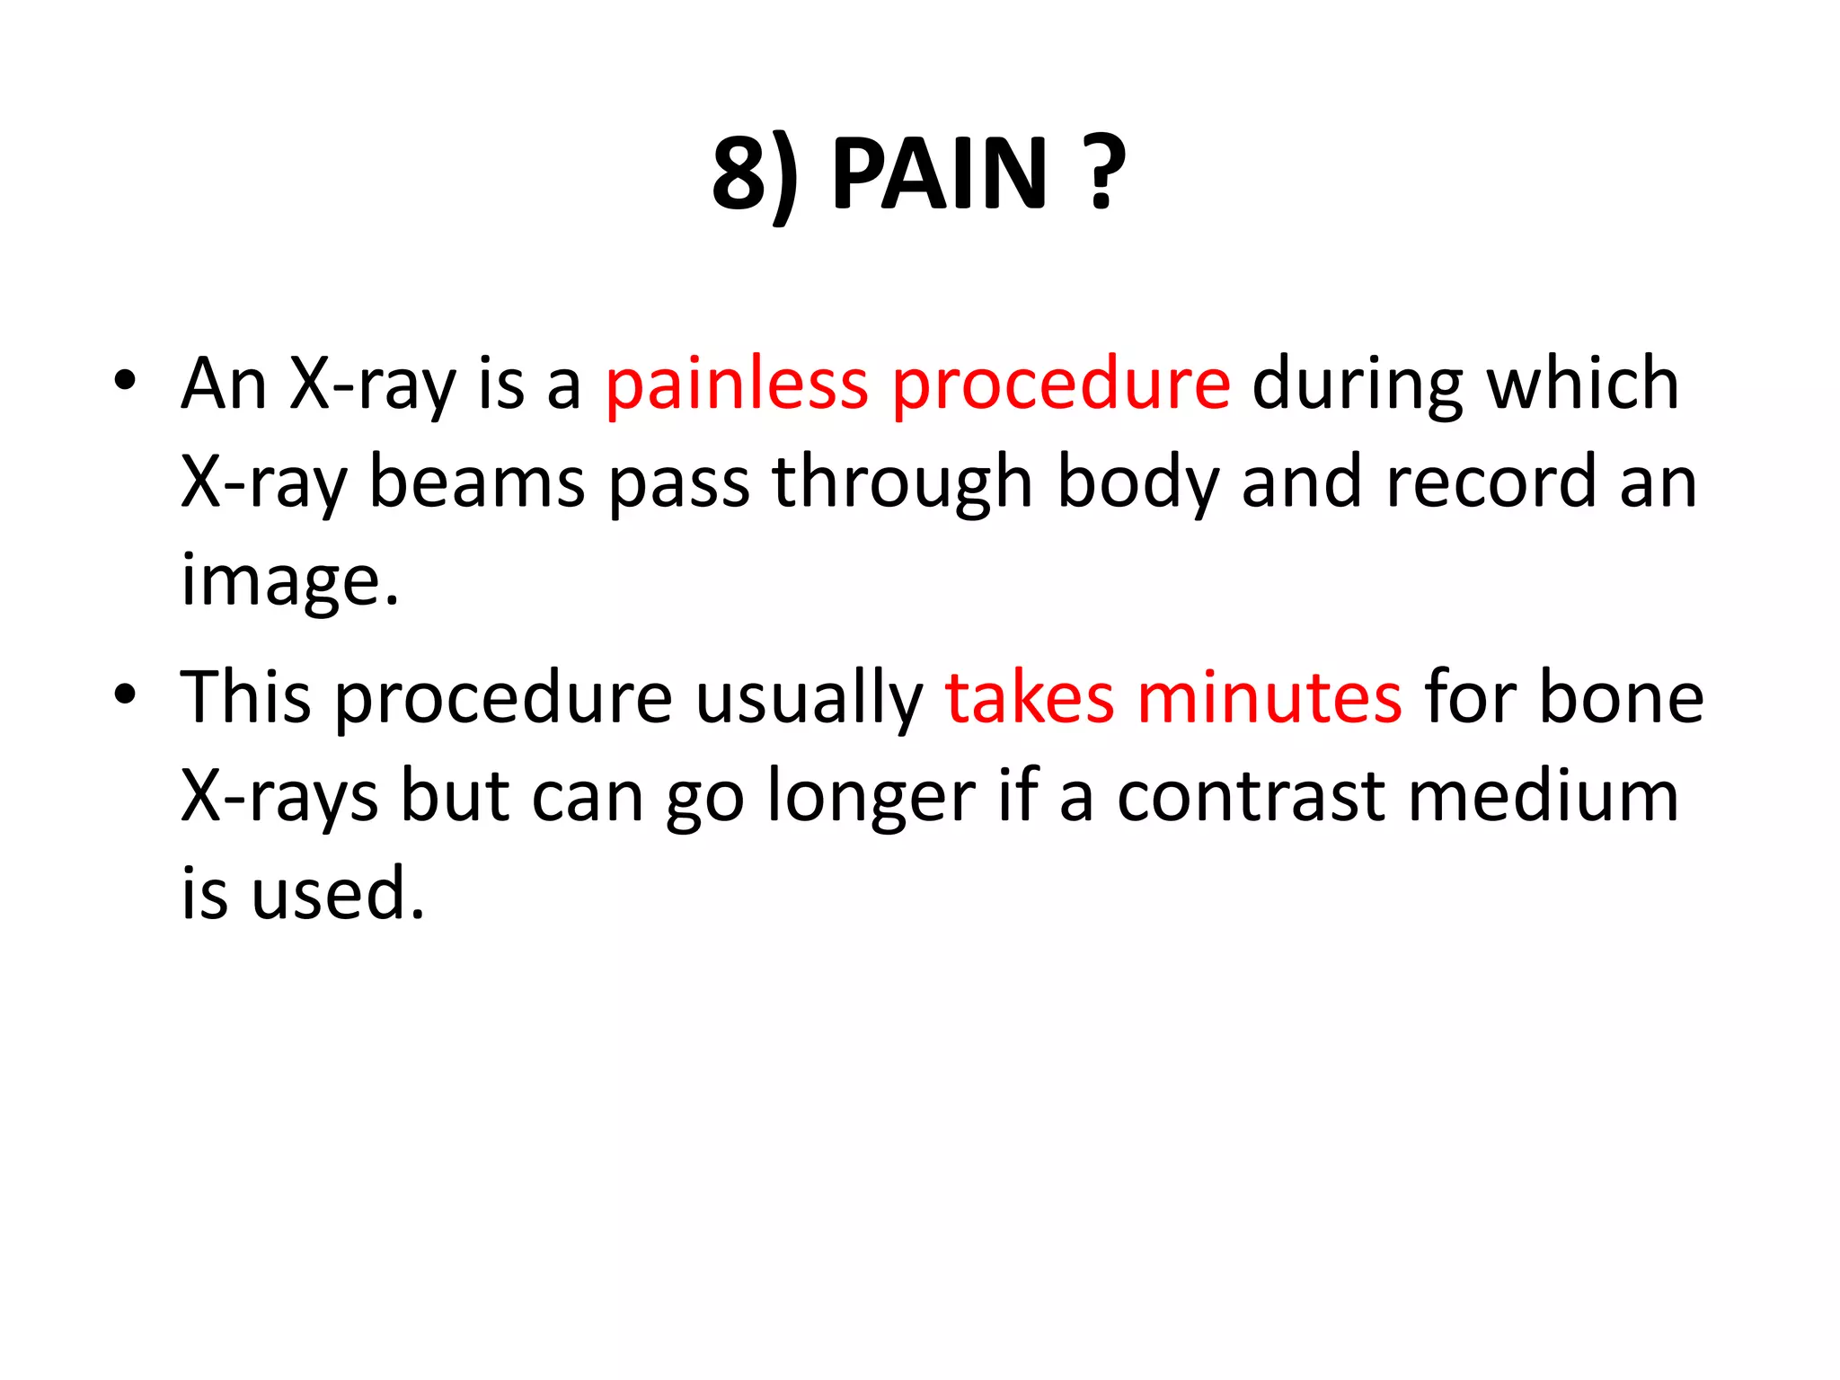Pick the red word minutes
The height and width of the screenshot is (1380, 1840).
(1269, 698)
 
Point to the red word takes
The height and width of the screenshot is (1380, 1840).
(1030, 698)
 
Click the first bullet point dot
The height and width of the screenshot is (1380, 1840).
(125, 381)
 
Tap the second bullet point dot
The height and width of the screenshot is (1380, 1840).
(125, 694)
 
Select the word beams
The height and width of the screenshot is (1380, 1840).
(477, 482)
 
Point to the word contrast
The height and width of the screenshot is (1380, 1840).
(1251, 797)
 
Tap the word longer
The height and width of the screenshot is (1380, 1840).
(871, 797)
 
